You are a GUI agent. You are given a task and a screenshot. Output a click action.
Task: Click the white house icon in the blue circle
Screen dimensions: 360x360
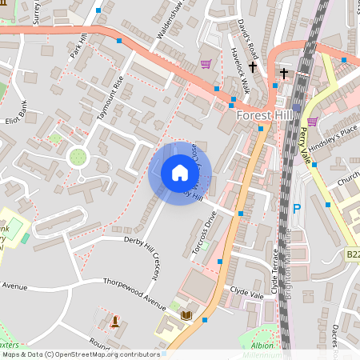pos(180,173)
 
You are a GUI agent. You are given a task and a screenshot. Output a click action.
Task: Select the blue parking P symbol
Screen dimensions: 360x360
pos(297,209)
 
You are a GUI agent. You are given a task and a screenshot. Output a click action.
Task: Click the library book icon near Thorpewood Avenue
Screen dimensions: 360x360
pos(187,317)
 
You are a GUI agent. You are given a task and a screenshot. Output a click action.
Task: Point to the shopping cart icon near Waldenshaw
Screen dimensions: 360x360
pos(206,64)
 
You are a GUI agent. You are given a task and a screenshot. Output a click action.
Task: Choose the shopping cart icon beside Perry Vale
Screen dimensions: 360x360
pos(312,122)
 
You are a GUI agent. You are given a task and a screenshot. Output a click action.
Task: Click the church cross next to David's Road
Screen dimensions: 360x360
pos(254,68)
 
